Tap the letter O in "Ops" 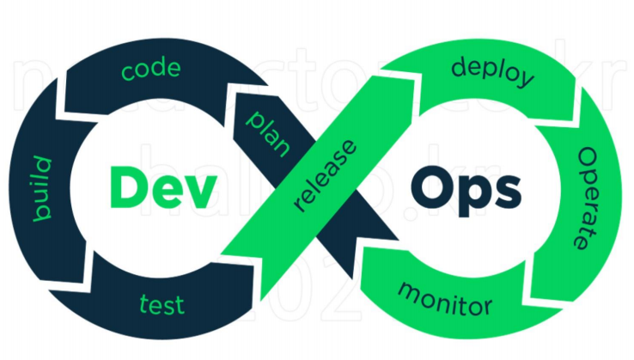point(430,186)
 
